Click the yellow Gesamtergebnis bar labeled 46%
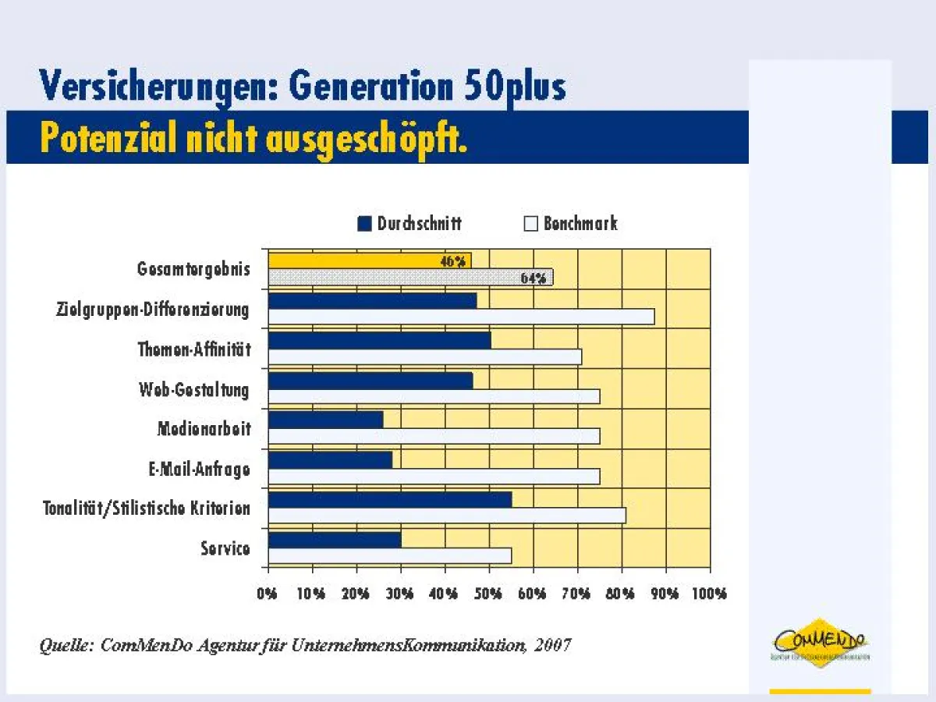369,261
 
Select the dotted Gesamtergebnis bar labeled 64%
410,278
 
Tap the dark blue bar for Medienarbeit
325,420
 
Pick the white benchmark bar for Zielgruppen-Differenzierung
461,317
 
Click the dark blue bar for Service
334,540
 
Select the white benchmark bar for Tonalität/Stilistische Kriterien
446,516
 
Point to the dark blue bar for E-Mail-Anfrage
330,459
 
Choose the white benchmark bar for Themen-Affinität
424,357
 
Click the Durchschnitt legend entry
409,224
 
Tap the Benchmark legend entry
571,224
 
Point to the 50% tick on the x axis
488,594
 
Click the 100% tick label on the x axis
709,594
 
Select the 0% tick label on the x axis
268,594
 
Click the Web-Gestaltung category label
194,389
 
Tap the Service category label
225,548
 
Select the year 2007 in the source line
553,645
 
